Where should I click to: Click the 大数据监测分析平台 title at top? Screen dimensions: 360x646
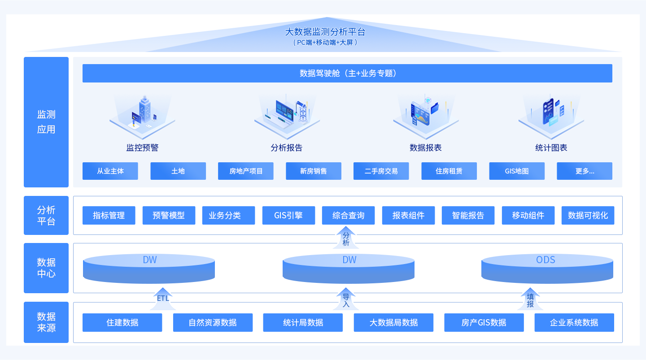pyautogui.click(x=325, y=32)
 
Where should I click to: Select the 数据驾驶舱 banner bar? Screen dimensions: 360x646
pyautogui.click(x=347, y=73)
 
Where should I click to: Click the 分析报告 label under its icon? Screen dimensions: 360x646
pyautogui.click(x=287, y=148)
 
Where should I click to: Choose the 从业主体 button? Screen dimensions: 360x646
pyautogui.click(x=110, y=171)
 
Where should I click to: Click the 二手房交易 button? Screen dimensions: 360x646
pyautogui.click(x=381, y=171)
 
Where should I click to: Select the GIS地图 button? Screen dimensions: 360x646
pyautogui.click(x=517, y=171)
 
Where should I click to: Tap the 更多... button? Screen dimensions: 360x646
pyautogui.click(x=585, y=171)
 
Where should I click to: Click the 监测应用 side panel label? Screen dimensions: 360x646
pyautogui.click(x=46, y=122)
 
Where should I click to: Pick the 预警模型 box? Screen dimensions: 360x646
pyautogui.click(x=169, y=215)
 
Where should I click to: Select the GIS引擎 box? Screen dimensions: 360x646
pyautogui.click(x=288, y=215)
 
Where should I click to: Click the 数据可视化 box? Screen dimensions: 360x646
pyautogui.click(x=588, y=215)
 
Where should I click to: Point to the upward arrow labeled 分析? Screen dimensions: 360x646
pyautogui.click(x=346, y=238)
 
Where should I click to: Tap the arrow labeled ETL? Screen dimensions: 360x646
pyautogui.click(x=163, y=299)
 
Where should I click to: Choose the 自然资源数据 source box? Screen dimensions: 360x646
pyautogui.click(x=213, y=322)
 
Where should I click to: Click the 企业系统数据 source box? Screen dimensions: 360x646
pyautogui.click(x=574, y=322)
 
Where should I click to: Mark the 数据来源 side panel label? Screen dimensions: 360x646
pyautogui.click(x=46, y=322)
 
